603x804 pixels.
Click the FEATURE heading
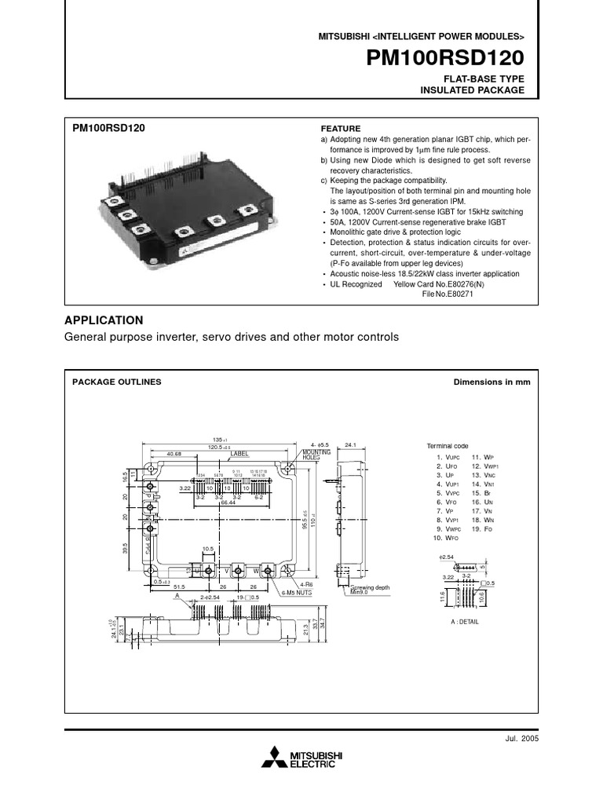tap(341, 129)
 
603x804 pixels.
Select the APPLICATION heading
tap(104, 320)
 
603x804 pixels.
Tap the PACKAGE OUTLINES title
tap(117, 382)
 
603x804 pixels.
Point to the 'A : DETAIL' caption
tap(466, 621)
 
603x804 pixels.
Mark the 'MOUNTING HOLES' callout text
tap(316, 456)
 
